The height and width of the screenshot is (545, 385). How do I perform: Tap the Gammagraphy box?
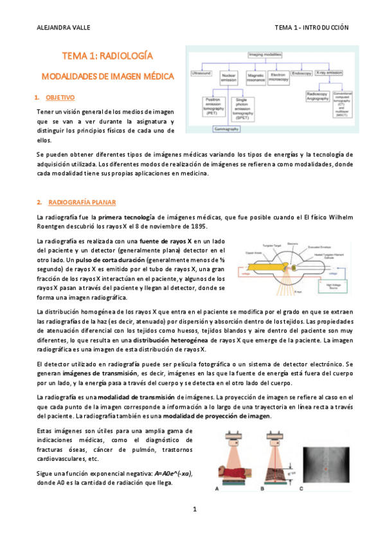click(x=231, y=129)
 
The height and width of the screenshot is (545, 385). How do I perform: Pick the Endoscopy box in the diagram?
click(x=301, y=74)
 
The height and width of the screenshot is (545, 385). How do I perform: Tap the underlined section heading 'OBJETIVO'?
click(x=60, y=98)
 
